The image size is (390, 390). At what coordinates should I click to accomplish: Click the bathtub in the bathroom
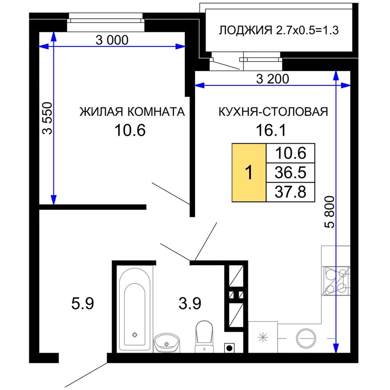click(x=135, y=310)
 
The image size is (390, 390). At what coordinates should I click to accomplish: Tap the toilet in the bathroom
click(x=204, y=336)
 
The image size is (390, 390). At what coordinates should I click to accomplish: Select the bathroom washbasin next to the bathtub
click(x=166, y=343)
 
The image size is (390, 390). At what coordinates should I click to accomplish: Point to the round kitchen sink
click(x=306, y=339)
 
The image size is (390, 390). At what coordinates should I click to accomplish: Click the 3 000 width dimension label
click(x=112, y=40)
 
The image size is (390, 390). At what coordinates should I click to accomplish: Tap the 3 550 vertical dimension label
click(x=47, y=118)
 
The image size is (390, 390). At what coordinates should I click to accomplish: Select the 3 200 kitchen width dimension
click(x=273, y=79)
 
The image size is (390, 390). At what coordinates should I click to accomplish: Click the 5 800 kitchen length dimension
click(x=330, y=212)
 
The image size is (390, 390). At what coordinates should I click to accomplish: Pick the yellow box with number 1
click(x=249, y=172)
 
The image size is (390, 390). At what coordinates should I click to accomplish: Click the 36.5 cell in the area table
click(x=291, y=172)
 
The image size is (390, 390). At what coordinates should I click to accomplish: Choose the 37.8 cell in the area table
click(x=291, y=192)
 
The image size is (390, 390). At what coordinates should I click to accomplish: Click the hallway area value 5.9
click(x=83, y=304)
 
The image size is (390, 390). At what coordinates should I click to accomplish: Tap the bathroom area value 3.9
click(x=190, y=304)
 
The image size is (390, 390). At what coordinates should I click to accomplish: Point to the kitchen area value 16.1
click(x=271, y=130)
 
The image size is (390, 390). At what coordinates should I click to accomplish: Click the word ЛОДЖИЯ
click(x=245, y=30)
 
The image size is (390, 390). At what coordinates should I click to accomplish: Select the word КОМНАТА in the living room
click(x=156, y=112)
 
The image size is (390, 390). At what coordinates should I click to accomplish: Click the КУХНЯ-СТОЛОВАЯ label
click(x=273, y=112)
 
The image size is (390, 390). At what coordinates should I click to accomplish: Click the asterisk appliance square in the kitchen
click(x=263, y=337)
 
